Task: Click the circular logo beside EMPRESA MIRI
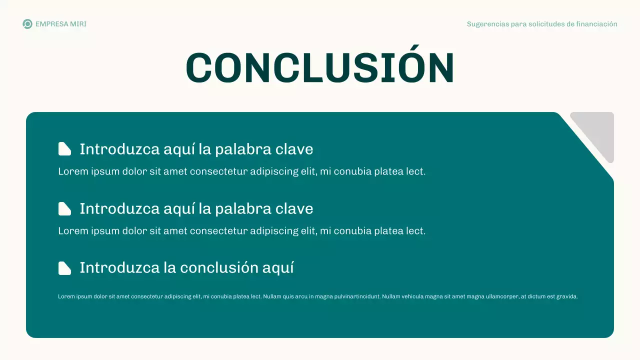click(x=27, y=24)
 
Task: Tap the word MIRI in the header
click(x=78, y=24)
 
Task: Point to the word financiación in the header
click(x=597, y=24)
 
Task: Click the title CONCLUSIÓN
click(x=320, y=67)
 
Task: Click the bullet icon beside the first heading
click(x=64, y=149)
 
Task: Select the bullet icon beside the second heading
click(x=64, y=208)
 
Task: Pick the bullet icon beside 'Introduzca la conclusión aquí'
click(x=64, y=268)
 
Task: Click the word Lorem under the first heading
click(x=72, y=171)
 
